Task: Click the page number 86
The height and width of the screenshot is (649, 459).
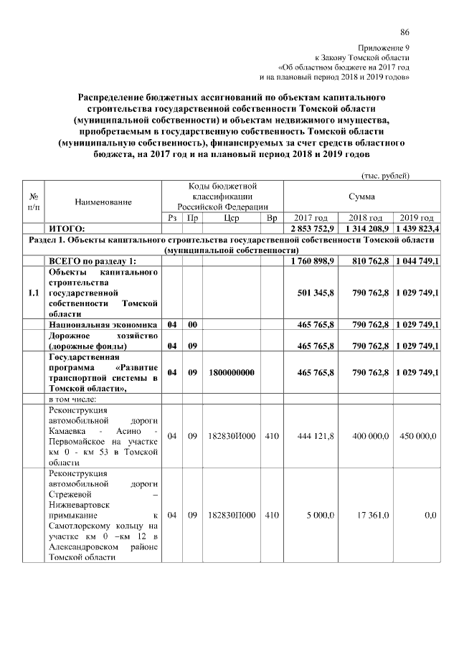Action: [x=405, y=32]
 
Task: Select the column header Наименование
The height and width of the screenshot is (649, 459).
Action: [x=103, y=202]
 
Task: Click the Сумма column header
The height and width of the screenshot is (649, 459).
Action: [x=361, y=195]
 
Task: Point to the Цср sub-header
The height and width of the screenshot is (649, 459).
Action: [x=231, y=218]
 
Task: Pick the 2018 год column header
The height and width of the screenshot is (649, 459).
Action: [x=365, y=218]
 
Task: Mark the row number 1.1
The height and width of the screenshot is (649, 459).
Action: [x=33, y=293]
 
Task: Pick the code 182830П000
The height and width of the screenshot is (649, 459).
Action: [x=231, y=514]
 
